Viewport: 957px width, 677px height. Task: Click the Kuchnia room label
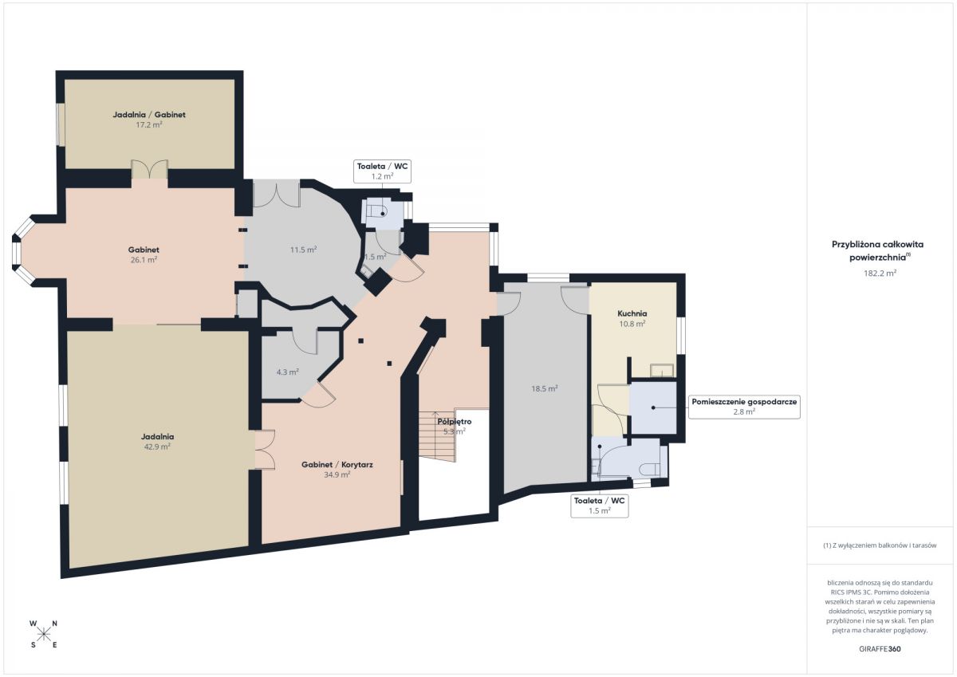click(632, 313)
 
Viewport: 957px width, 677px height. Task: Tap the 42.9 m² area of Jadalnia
click(157, 447)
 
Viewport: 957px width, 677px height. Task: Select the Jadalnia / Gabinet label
click(149, 115)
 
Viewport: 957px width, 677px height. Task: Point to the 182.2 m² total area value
click(880, 273)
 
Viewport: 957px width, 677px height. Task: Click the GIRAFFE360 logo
click(880, 649)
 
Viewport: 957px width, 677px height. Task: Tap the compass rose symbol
click(43, 634)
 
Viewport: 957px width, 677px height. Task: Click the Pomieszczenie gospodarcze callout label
click(744, 407)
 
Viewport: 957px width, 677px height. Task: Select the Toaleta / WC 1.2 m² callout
click(382, 171)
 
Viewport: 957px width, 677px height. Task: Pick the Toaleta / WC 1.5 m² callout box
click(600, 506)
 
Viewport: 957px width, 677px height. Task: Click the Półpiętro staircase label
click(454, 422)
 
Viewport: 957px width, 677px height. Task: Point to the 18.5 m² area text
click(544, 388)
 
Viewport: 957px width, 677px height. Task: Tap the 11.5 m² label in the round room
click(303, 250)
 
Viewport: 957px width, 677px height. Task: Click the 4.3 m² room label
click(287, 372)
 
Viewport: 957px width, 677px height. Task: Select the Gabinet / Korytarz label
click(337, 464)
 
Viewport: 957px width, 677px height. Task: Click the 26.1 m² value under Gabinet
click(144, 260)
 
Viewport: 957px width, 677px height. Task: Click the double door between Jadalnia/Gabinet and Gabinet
click(149, 169)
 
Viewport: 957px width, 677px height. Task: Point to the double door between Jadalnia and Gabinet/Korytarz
click(265, 450)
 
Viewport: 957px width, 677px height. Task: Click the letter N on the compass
click(55, 624)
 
